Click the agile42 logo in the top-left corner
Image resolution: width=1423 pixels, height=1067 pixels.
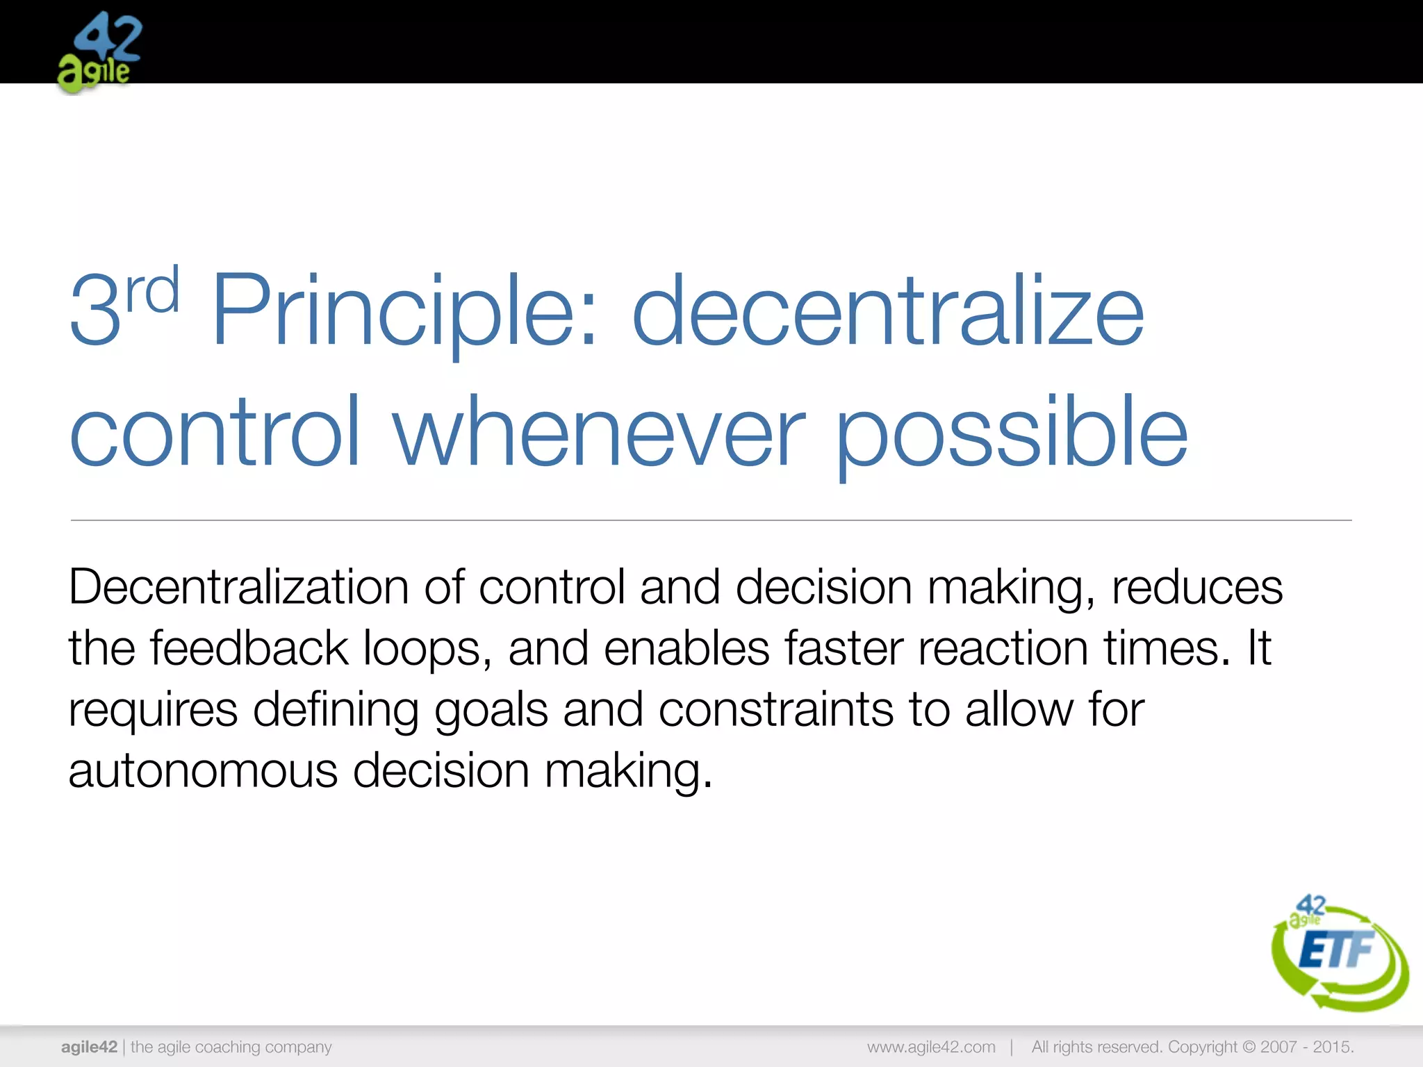point(99,52)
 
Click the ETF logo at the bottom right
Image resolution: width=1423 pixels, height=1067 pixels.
point(1338,952)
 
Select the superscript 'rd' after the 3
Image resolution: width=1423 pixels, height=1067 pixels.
point(152,290)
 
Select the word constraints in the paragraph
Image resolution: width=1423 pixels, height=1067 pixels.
point(775,710)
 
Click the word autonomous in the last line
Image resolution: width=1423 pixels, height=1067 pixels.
point(203,771)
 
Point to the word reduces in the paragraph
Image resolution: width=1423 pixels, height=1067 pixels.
point(1196,588)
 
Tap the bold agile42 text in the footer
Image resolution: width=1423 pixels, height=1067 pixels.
point(89,1047)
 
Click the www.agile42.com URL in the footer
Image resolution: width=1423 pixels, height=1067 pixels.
point(931,1047)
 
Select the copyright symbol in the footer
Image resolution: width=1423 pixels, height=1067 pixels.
point(1249,1047)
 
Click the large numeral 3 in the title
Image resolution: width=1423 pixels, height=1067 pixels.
point(96,311)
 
